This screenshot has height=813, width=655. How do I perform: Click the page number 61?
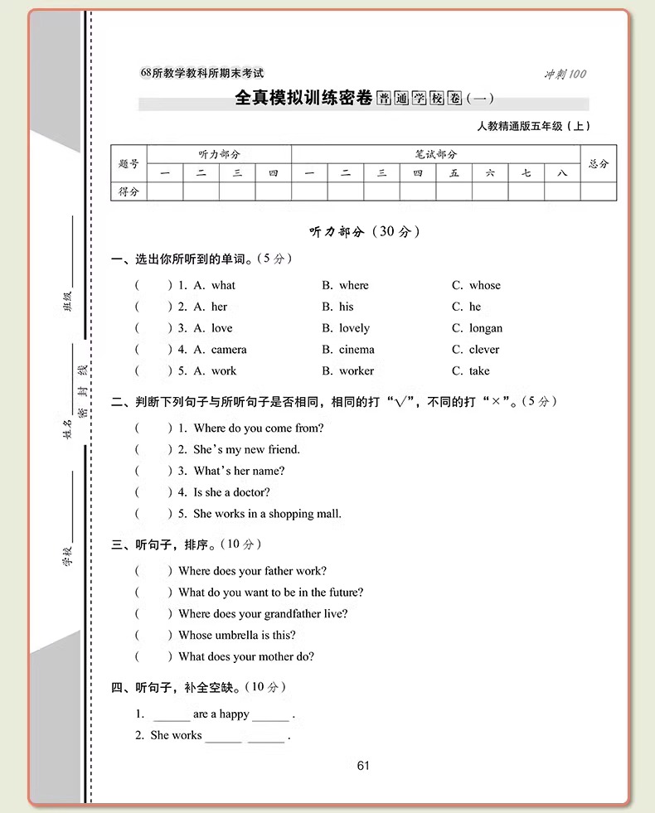[363, 766]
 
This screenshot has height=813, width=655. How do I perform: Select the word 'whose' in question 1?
[485, 285]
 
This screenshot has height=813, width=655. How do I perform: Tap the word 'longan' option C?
[486, 328]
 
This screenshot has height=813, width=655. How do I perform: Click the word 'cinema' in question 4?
[357, 350]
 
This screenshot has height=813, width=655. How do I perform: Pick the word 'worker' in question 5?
[357, 371]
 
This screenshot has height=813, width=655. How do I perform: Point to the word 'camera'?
[229, 350]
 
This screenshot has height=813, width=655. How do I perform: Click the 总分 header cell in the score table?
[599, 164]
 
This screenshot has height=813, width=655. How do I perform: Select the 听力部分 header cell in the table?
[219, 154]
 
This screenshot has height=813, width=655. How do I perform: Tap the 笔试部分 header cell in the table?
[436, 154]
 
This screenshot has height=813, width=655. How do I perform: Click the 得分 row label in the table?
[129, 192]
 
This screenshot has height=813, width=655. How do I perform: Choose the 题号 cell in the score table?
[129, 164]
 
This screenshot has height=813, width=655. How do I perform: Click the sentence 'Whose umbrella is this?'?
[237, 636]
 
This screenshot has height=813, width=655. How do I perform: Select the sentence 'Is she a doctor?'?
[232, 492]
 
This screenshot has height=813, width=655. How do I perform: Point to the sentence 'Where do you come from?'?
[259, 428]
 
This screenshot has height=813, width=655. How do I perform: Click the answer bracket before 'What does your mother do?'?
[153, 657]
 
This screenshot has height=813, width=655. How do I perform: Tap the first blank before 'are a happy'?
[172, 714]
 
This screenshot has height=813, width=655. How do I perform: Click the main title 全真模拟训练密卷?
[303, 99]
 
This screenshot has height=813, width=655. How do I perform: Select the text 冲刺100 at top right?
[565, 74]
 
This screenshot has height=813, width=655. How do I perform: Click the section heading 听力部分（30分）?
[365, 232]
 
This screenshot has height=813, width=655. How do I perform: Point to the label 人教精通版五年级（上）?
[534, 127]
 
